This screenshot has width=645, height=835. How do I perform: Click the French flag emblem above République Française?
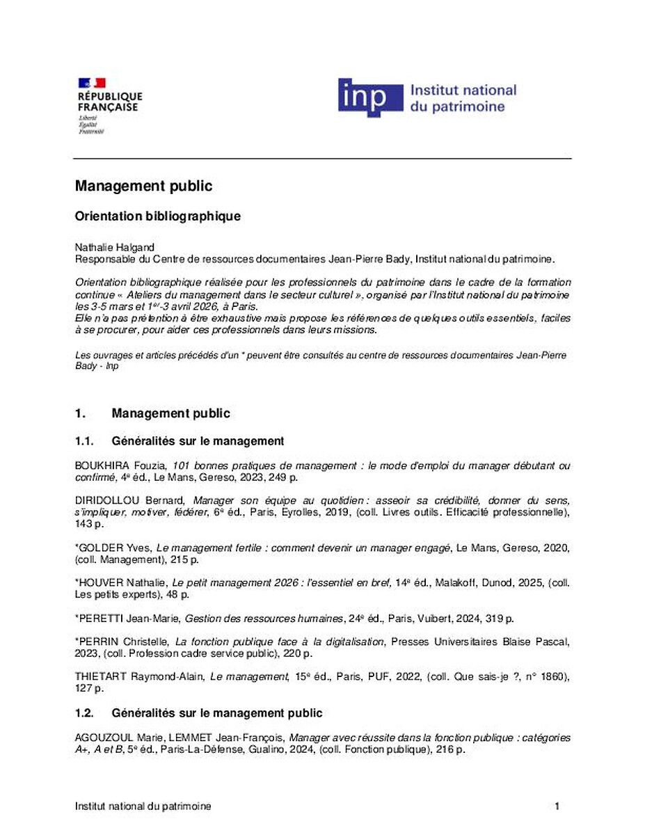point(92,83)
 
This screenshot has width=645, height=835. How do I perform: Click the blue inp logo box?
point(370,97)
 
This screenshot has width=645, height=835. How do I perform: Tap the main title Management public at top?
point(143,186)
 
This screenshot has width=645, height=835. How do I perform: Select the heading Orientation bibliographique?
point(157,216)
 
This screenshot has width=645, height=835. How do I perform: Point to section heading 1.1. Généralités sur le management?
point(179,440)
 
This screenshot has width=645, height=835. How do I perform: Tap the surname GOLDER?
point(98,548)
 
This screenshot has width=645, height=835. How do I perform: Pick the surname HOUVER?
point(100,582)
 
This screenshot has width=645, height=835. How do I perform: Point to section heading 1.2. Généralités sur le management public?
point(198,713)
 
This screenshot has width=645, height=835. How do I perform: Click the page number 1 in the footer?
point(557,806)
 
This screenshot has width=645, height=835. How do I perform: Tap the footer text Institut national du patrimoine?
point(143,806)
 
